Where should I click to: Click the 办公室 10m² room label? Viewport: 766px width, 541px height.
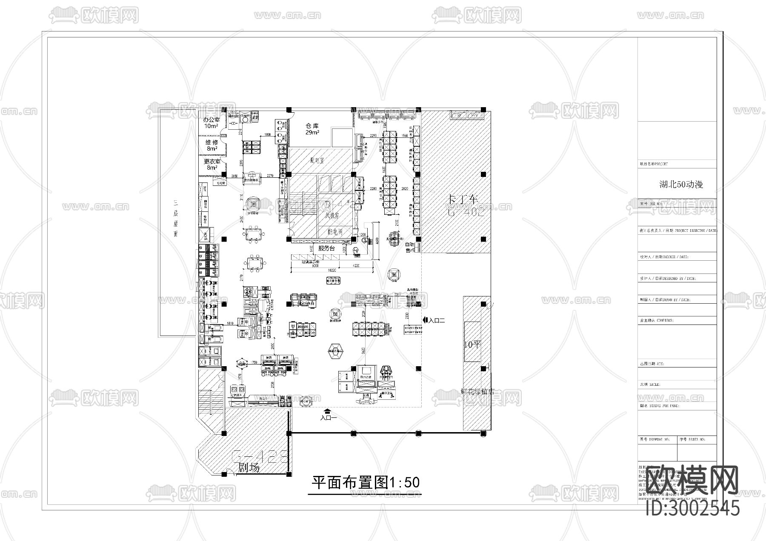[211, 123]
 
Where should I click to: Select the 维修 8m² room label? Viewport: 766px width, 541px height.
[212, 145]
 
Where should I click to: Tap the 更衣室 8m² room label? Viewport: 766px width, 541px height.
[212, 164]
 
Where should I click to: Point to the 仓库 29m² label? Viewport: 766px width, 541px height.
[312, 129]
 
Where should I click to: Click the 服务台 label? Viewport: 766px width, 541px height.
[326, 248]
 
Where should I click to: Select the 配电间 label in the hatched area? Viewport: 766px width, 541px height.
[335, 232]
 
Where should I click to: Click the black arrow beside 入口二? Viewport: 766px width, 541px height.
[425, 320]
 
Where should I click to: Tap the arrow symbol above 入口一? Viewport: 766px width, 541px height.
[328, 410]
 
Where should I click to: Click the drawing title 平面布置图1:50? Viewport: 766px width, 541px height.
[366, 482]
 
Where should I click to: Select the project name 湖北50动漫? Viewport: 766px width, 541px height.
[681, 184]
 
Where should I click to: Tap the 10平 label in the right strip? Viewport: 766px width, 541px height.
[472, 345]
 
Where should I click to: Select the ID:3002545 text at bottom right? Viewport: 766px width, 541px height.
[692, 508]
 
